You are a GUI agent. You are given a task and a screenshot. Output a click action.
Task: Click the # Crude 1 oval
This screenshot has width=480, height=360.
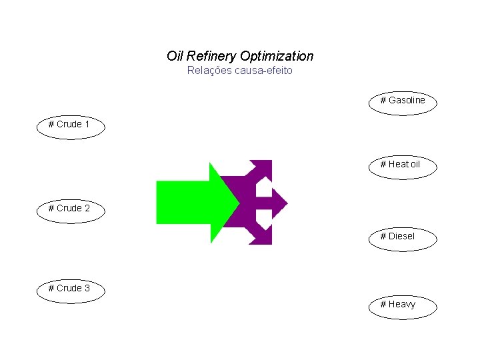click(70, 125)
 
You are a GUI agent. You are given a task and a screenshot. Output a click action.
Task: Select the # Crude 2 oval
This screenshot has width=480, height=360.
click(70, 209)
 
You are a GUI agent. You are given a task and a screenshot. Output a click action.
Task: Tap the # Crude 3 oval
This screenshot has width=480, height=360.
click(70, 289)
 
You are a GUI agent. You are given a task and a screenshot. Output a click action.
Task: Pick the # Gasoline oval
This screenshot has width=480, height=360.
click(403, 101)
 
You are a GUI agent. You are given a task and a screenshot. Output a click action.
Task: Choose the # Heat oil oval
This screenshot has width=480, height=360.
click(403, 165)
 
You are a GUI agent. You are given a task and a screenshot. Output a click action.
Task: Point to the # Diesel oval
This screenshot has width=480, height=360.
click(403, 237)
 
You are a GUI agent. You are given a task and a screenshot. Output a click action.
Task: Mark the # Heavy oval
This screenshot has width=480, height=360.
click(403, 305)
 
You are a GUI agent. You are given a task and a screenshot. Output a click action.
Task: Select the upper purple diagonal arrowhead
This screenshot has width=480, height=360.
click(261, 169)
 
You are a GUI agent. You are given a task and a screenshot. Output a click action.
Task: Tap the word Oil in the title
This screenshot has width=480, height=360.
click(175, 57)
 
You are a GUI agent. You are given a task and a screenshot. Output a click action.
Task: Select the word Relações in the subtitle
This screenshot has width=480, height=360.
click(209, 71)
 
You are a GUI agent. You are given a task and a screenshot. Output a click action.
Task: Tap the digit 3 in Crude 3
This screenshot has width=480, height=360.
click(87, 289)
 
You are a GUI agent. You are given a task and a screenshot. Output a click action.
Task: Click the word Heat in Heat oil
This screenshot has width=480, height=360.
click(399, 165)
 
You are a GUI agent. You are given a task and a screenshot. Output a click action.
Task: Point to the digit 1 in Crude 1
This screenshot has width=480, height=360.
click(87, 125)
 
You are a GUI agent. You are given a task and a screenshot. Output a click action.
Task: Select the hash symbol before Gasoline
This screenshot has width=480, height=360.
click(383, 101)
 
